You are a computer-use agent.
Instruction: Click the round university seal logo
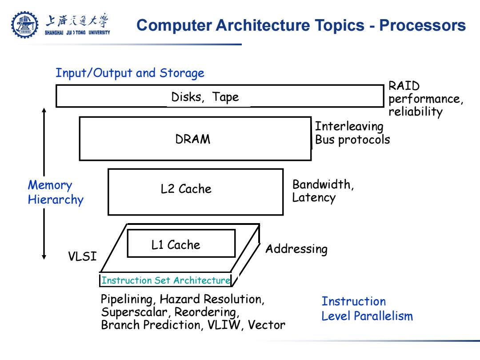coord(25,25)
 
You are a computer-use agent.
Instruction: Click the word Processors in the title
coord(423,25)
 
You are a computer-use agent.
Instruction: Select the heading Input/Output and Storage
coord(130,73)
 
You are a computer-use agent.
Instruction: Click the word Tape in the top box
coord(225,97)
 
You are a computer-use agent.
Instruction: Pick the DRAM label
coord(193,139)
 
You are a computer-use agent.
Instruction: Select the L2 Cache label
coord(186,189)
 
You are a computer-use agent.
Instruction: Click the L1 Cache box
coord(181,244)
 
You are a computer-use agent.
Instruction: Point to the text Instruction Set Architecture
coord(166,280)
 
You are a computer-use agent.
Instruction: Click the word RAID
coord(404,86)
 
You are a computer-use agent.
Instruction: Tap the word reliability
coord(416,112)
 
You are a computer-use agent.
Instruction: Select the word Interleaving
coord(349,126)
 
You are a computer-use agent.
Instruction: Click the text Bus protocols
coord(352,140)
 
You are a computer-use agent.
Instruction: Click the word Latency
coord(314,197)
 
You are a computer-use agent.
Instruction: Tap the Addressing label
coord(296,249)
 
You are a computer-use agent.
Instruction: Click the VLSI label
coord(82,256)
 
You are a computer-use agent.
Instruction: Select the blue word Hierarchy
coord(56,200)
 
